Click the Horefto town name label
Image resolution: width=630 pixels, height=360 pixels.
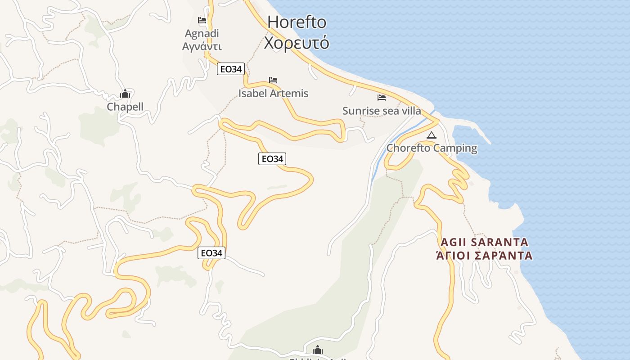click(x=297, y=22)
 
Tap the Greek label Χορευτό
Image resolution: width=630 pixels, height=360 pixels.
click(x=297, y=43)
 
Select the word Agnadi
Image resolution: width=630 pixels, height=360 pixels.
click(x=202, y=33)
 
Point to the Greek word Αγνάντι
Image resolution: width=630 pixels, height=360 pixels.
click(x=202, y=46)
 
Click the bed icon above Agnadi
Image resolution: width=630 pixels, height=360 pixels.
click(x=202, y=20)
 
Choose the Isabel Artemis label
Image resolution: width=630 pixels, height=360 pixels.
click(x=273, y=93)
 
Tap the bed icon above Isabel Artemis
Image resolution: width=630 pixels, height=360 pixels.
click(x=273, y=80)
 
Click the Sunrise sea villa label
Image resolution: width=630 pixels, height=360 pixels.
click(x=382, y=111)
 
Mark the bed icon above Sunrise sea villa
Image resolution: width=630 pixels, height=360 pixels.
click(x=382, y=97)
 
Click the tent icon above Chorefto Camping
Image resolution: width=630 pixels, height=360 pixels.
click(x=432, y=135)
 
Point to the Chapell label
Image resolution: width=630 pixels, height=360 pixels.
click(x=125, y=107)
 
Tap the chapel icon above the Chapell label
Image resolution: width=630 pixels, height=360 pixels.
click(x=125, y=94)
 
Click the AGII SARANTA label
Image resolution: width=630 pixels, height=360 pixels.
click(x=484, y=242)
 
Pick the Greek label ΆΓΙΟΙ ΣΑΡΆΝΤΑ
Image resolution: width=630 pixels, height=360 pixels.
click(x=484, y=256)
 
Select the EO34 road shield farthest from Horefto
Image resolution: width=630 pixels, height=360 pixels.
click(x=211, y=253)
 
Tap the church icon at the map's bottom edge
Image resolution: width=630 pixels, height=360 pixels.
click(x=318, y=350)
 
